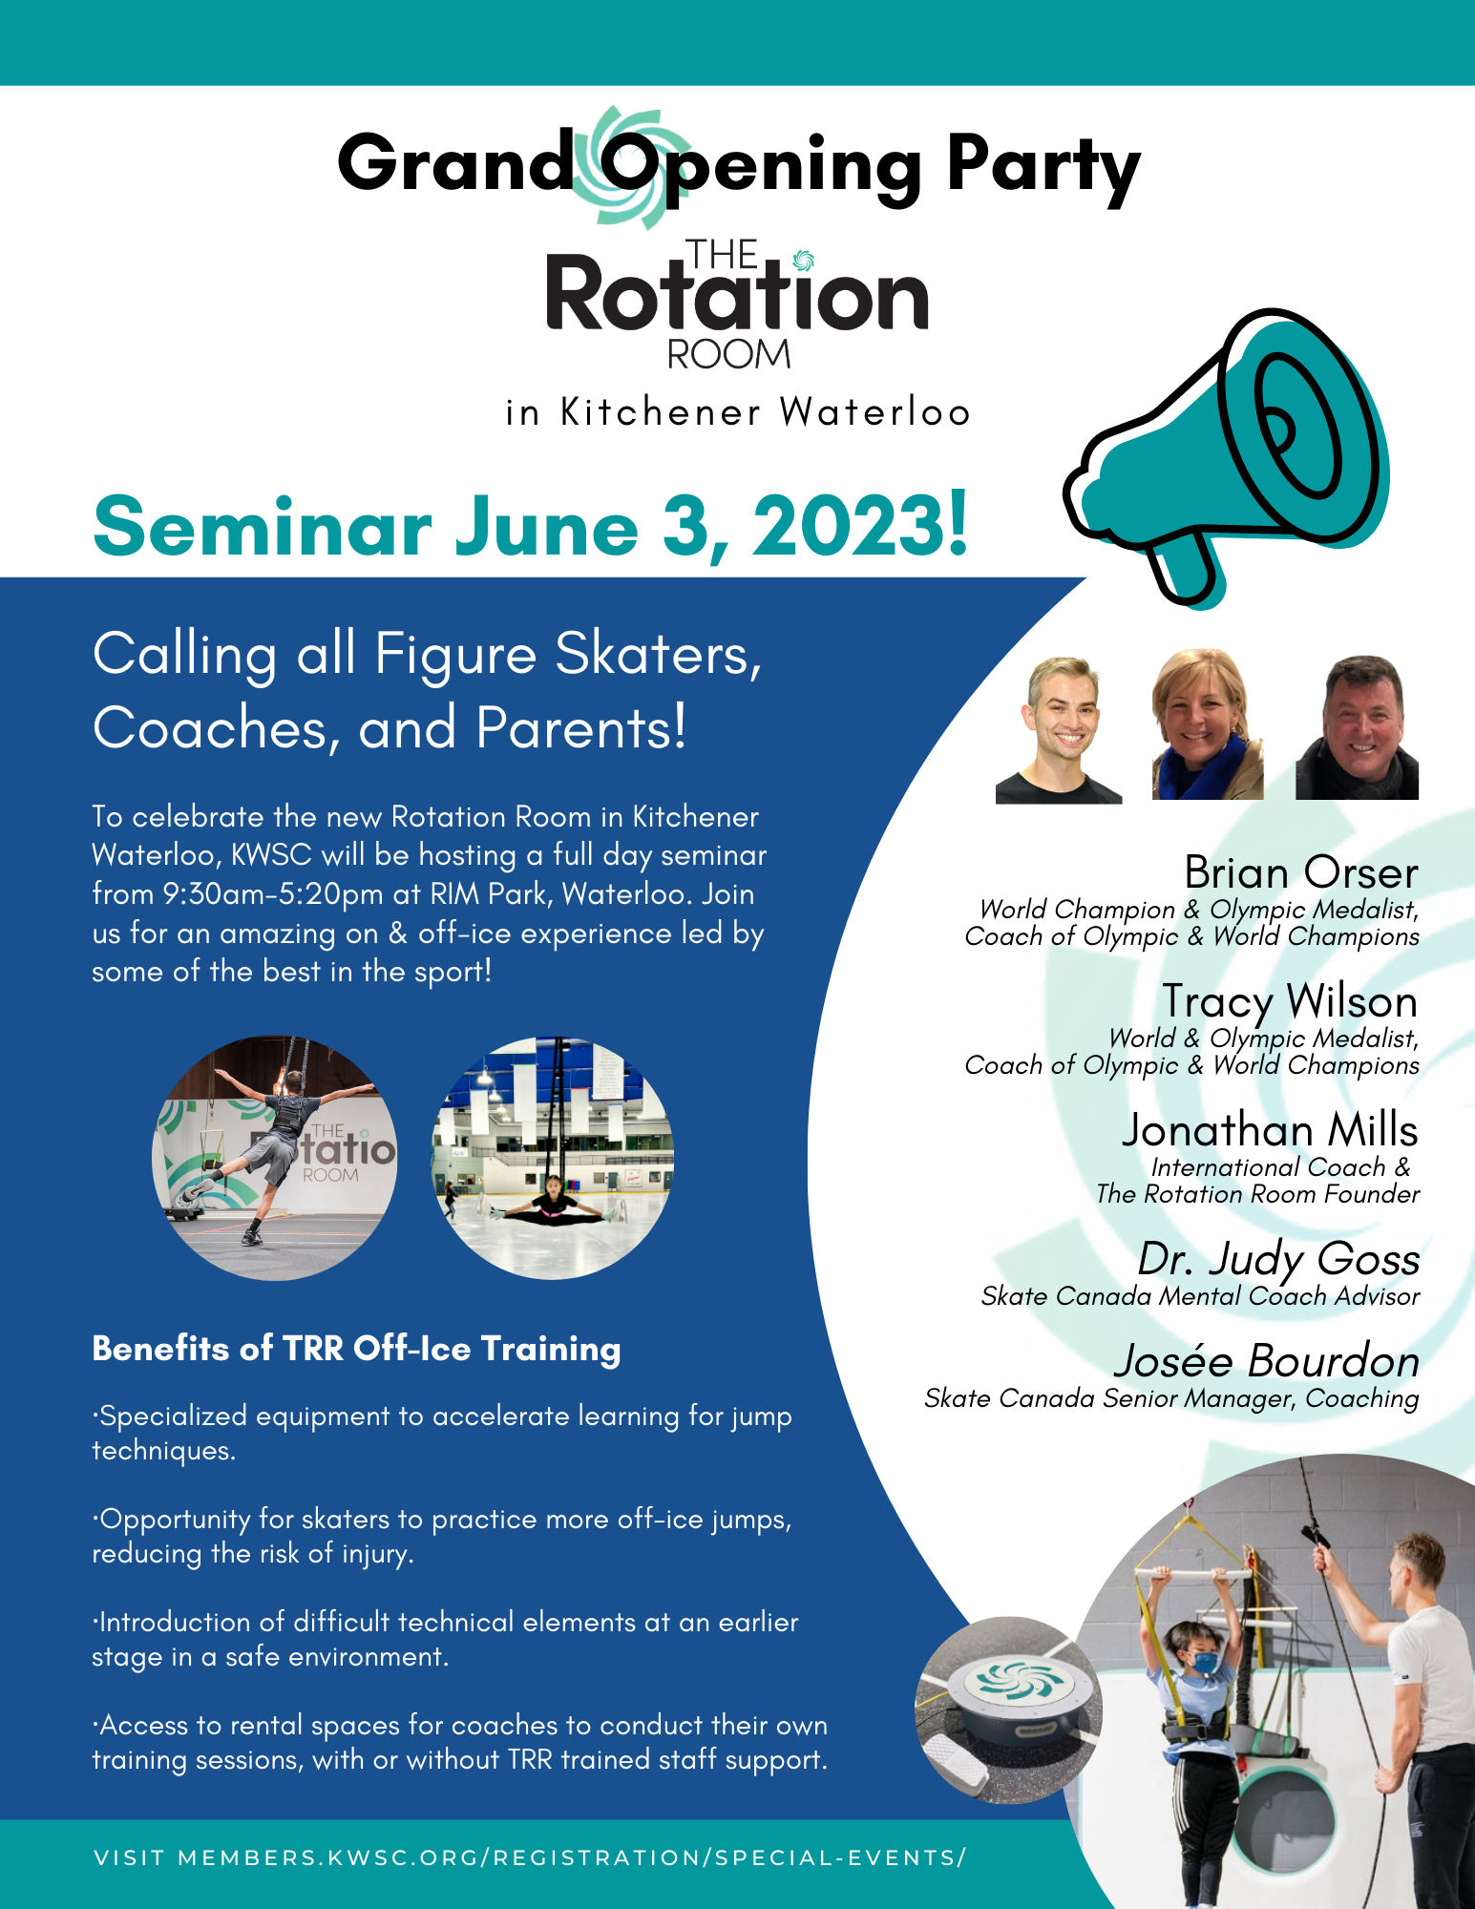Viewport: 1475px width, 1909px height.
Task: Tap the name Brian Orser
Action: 1301,872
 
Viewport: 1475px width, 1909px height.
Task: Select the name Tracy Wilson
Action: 1290,1002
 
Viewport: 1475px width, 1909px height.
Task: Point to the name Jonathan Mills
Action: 1270,1130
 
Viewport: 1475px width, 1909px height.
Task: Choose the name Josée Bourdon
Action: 1267,1361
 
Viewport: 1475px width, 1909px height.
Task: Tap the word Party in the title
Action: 1043,167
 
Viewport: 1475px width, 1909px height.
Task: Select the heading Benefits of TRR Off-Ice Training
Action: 356,1349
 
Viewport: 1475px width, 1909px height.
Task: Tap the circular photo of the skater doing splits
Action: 553,1158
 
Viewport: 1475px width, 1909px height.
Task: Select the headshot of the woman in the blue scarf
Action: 1208,724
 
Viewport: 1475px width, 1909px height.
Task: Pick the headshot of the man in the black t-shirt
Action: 1059,730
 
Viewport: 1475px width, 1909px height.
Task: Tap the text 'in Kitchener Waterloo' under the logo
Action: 738,412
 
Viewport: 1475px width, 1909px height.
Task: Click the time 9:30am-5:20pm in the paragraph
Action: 273,894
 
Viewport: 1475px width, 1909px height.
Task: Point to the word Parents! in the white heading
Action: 581,728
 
